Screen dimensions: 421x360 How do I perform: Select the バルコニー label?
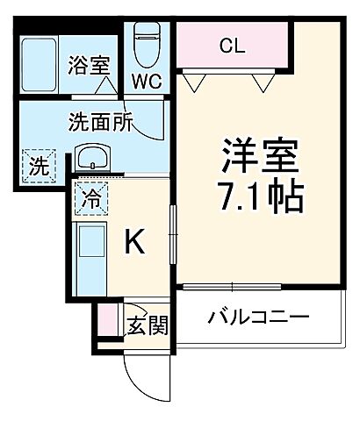257,318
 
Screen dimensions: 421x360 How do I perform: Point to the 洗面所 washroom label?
101,123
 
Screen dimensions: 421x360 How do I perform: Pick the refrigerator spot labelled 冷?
91,197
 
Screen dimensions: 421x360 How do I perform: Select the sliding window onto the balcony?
233,286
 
